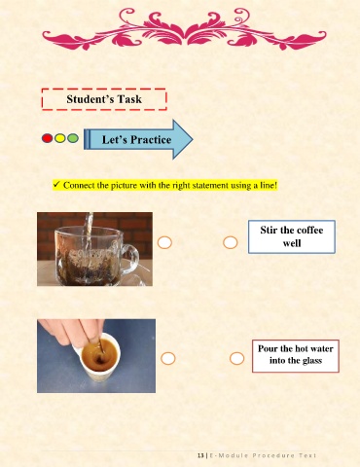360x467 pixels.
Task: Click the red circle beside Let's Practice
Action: (x=48, y=138)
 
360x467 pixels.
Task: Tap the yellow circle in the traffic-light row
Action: (x=60, y=138)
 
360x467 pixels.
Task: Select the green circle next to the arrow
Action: (x=73, y=138)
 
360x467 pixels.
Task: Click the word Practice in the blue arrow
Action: (x=151, y=140)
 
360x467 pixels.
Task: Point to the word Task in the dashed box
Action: (x=129, y=99)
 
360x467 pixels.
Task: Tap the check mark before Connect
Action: (x=56, y=185)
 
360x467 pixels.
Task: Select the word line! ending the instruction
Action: (x=269, y=186)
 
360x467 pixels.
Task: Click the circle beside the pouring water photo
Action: (x=164, y=242)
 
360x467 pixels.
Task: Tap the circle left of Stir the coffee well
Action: (x=231, y=242)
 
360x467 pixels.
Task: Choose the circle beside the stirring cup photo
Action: (x=168, y=358)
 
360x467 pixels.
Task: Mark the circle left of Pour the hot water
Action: (x=236, y=358)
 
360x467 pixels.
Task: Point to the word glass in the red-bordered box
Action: (x=311, y=361)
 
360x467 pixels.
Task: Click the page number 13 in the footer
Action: (x=200, y=455)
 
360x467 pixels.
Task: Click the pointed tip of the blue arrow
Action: (x=193, y=139)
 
